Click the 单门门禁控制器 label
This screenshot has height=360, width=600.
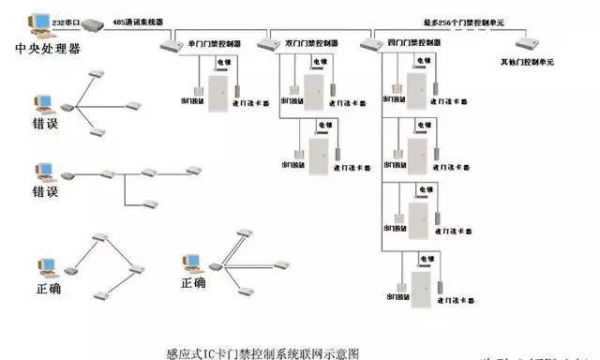215,43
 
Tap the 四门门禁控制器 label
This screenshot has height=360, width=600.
415,43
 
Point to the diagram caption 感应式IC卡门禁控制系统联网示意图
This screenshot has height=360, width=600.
262,353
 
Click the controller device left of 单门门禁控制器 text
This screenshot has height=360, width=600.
170,44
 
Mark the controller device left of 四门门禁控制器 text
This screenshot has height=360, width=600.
370,44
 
